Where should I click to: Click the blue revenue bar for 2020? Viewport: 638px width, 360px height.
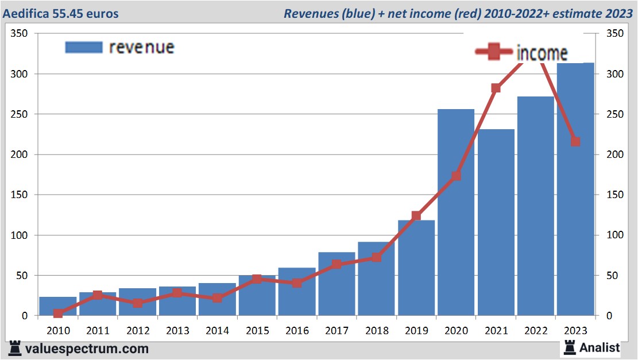pos(456,212)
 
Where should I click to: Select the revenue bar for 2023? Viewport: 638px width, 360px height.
pos(575,189)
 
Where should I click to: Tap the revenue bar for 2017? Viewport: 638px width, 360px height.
pos(337,284)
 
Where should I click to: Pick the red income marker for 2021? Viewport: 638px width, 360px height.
pos(496,88)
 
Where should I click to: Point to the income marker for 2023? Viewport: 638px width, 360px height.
pos(575,141)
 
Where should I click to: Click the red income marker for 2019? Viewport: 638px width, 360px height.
pos(416,216)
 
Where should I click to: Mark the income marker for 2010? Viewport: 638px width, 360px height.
pos(58,313)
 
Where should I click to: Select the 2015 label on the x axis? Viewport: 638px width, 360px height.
pos(257,331)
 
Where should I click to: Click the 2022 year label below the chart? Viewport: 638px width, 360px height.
pos(536,331)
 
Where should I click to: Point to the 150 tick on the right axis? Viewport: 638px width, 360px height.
pos(614,195)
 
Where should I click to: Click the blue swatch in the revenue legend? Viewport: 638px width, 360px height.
pos(83,47)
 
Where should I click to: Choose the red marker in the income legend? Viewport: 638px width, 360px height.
pos(494,52)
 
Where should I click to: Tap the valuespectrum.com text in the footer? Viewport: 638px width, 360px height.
pos(87,349)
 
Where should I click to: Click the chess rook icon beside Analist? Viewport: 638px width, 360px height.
pos(570,347)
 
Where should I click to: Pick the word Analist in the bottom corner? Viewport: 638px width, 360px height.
pos(600,347)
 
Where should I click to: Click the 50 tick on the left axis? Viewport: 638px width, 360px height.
pos(22,276)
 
